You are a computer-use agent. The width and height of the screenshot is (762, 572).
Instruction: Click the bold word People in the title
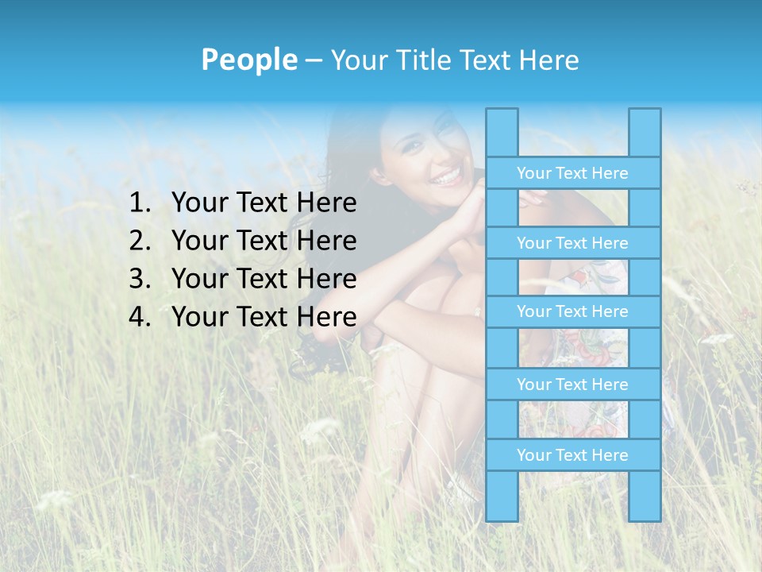point(248,60)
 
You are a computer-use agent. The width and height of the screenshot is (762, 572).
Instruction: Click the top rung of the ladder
point(572,173)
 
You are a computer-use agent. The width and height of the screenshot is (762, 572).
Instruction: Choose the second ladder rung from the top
point(572,243)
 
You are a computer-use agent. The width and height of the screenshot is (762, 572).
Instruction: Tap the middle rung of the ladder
point(572,311)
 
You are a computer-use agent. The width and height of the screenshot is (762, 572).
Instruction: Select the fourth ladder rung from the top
point(572,385)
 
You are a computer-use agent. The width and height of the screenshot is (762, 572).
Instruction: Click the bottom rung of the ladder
point(572,455)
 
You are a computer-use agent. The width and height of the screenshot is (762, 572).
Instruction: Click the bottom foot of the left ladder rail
point(502,516)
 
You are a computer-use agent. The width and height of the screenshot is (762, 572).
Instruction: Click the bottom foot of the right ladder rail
point(645,516)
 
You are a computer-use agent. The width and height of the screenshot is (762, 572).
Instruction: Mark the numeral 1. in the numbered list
point(140,203)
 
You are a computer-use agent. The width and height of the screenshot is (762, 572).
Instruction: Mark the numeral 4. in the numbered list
point(140,317)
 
